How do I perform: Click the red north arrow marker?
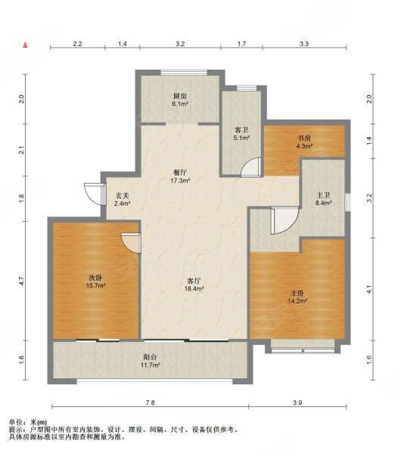pos(26,45)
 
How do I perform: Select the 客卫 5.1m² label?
pos(241,134)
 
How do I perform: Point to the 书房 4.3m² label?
pos(304,142)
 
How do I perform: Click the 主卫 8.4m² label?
pos(323,199)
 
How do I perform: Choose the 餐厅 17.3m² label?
pos(180,176)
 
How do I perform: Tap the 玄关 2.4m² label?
pos(122,199)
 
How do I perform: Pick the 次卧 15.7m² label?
pos(95,281)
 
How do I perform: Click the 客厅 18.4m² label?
pos(194,285)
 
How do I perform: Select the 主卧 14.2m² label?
pos(297,297)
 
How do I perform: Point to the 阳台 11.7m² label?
pos(151,361)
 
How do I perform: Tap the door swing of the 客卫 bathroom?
pos(251,166)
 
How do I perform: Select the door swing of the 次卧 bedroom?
pos(131,243)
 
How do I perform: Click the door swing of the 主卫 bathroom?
pos(285,220)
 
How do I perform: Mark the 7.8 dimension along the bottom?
pos(151,403)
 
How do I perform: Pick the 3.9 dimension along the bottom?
pos(297,403)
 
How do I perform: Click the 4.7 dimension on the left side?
pos(22,281)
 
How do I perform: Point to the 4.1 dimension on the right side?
pos(368,289)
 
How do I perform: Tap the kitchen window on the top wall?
pos(184,72)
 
